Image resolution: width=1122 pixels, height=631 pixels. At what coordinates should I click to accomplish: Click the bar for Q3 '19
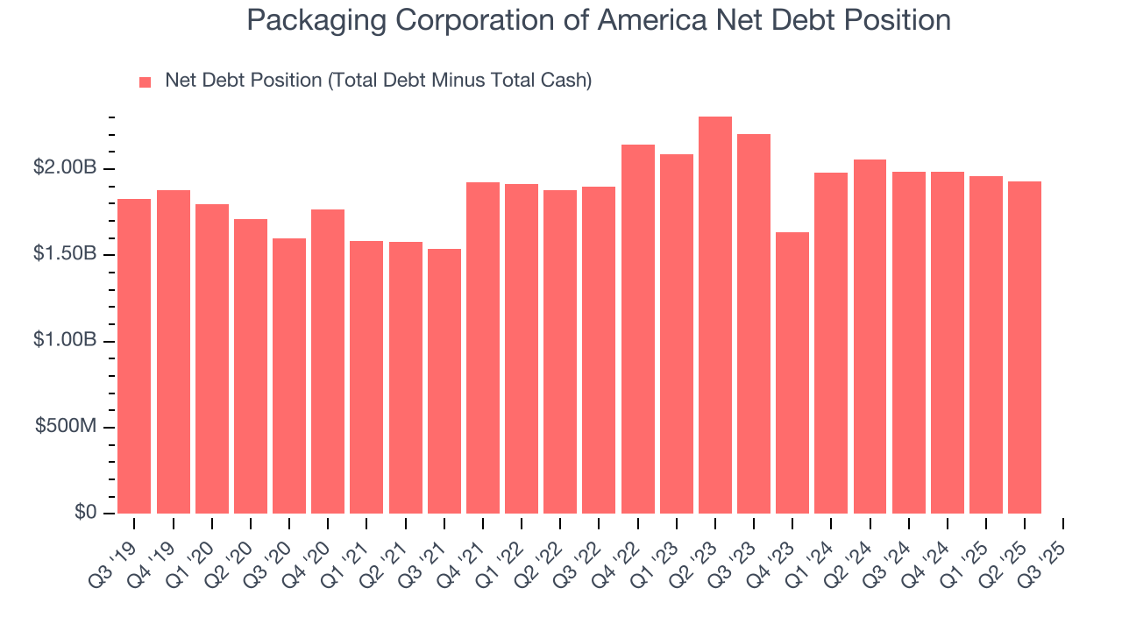[x=134, y=356]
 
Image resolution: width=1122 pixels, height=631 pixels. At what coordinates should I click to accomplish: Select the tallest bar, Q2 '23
[x=714, y=315]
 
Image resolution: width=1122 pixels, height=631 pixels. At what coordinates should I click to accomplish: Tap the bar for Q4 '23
[x=792, y=372]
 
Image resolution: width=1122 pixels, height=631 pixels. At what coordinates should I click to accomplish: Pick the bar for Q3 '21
[x=444, y=381]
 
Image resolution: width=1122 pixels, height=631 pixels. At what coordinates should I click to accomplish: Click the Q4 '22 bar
[x=637, y=329]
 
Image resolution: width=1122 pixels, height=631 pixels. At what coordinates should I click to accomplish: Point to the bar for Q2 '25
[x=1025, y=347]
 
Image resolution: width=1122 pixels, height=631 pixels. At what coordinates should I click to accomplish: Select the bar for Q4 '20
[x=328, y=361]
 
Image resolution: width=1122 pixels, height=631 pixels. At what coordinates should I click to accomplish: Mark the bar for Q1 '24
[x=831, y=343]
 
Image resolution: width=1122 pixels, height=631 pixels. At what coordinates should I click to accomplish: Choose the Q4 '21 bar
[x=483, y=348]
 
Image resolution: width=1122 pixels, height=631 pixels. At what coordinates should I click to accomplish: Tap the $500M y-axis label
[x=66, y=427]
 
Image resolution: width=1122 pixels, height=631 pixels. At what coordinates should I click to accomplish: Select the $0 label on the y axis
[x=85, y=513]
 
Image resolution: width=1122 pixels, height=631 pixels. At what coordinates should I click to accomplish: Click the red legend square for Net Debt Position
[x=146, y=82]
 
